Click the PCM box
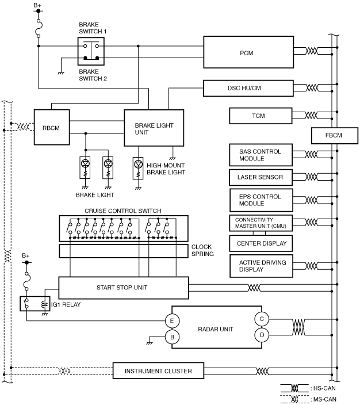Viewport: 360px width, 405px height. pyautogui.click(x=248, y=52)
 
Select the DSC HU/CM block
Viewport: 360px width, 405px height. pyautogui.click(x=248, y=89)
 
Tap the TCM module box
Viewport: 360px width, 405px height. pyautogui.click(x=261, y=116)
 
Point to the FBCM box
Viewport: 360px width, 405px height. pyautogui.click(x=335, y=136)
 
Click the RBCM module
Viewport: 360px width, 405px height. pyautogui.click(x=52, y=127)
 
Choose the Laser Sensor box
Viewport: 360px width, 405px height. pyautogui.click(x=261, y=177)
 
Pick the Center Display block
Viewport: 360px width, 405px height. pyautogui.click(x=261, y=243)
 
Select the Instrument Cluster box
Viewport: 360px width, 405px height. pyautogui.click(x=158, y=370)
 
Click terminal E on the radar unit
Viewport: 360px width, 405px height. pyautogui.click(x=172, y=321)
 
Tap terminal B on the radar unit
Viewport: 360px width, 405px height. pyautogui.click(x=172, y=337)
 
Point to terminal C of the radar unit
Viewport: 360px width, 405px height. pyautogui.click(x=262, y=319)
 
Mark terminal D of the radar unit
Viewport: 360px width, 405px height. pyautogui.click(x=262, y=335)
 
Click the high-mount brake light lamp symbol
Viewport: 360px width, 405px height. pyautogui.click(x=138, y=168)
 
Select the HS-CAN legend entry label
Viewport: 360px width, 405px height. pyautogui.click(x=324, y=388)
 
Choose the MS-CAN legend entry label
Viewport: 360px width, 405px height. pyautogui.click(x=324, y=399)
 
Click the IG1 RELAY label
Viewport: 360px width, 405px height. pyautogui.click(x=66, y=304)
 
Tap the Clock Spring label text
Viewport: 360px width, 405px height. pyautogui.click(x=202, y=250)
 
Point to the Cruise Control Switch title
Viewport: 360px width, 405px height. pyautogui.click(x=123, y=211)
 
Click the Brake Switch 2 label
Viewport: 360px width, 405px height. pyautogui.click(x=93, y=75)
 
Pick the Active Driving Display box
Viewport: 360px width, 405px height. pyautogui.click(x=261, y=266)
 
